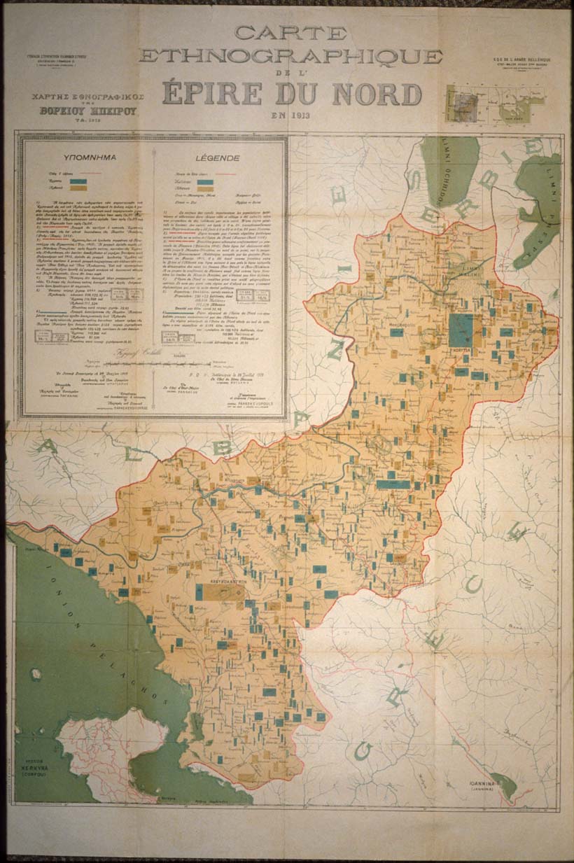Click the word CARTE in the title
pos(290,32)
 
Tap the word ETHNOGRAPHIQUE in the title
pos(290,56)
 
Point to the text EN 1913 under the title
pos(290,114)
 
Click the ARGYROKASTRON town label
pos(220,582)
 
